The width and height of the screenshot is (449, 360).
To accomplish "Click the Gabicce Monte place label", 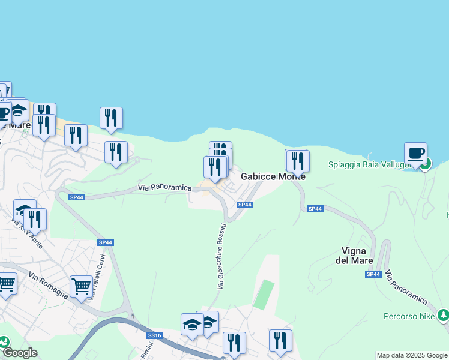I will point(273,177).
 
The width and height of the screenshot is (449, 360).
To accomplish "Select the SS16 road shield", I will point(154,335).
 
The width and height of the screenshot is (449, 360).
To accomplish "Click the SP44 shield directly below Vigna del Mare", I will point(373,274).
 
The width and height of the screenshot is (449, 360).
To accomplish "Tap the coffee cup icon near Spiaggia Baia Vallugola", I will point(415,153).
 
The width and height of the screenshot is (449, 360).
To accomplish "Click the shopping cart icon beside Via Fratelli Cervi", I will point(81,286).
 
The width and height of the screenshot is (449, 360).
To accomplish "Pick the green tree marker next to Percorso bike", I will point(443,314).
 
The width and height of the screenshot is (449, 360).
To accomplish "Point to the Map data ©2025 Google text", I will point(412,355).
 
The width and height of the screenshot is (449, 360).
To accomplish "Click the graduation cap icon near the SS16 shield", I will point(192,325).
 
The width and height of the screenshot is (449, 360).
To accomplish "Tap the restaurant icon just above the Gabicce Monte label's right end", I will point(297,160).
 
